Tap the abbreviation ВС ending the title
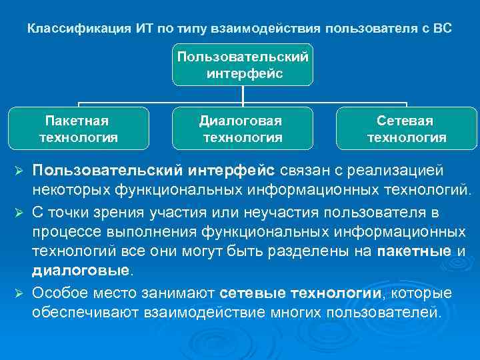(442, 29)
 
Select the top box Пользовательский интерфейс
(243, 65)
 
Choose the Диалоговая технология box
(243, 129)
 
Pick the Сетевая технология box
(406, 129)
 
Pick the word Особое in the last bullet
(57, 293)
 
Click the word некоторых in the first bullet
(71, 191)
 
